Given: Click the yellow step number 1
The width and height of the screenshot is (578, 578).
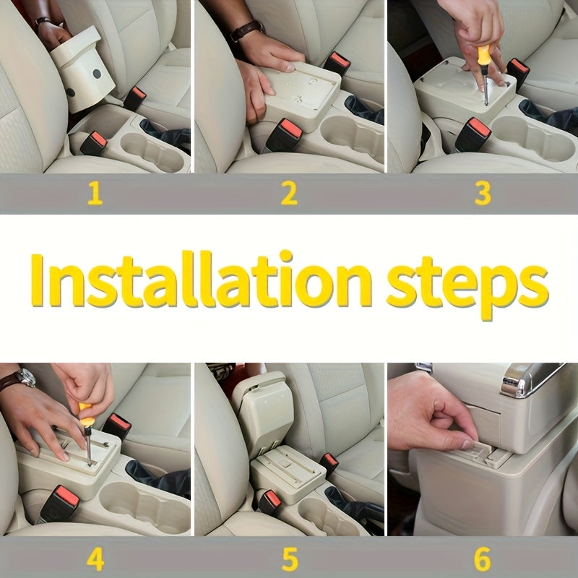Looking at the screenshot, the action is click(x=95, y=194).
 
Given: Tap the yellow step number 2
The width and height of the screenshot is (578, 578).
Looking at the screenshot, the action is click(x=289, y=194).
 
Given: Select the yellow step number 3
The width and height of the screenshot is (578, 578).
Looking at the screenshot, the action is click(x=483, y=194).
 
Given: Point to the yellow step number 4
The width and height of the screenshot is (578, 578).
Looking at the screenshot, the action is click(x=95, y=558).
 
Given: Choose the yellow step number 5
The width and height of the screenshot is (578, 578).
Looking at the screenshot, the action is click(x=290, y=558).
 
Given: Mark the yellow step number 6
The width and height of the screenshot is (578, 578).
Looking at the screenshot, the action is click(x=483, y=558).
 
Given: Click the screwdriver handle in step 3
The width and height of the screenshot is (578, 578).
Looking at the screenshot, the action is click(x=483, y=55).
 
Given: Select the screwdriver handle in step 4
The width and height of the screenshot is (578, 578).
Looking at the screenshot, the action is click(x=86, y=415).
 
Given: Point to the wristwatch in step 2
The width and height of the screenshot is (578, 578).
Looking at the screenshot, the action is click(x=246, y=30).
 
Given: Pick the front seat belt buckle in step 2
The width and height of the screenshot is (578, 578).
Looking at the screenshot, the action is click(x=285, y=135).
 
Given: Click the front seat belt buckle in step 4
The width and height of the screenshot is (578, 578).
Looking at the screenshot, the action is click(x=59, y=504).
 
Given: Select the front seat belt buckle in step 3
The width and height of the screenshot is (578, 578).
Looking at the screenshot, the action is click(x=473, y=134).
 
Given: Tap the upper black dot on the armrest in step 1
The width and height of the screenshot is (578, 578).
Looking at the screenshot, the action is click(x=97, y=74).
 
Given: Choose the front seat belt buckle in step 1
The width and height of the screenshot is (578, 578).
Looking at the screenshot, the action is click(x=94, y=143).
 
